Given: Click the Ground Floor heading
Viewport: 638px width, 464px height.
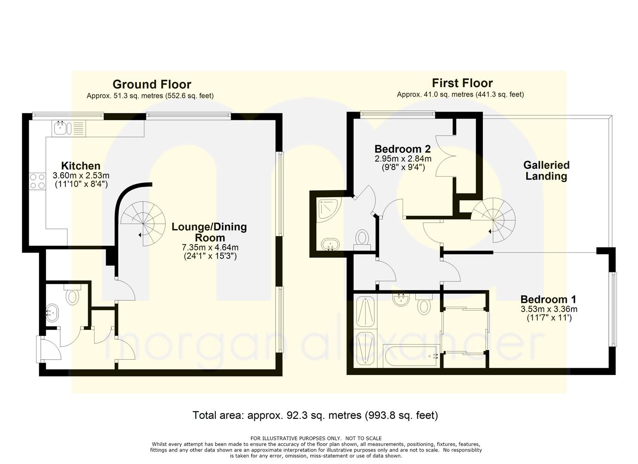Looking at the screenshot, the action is coord(152,84).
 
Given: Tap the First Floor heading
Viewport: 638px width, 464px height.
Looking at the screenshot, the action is coord(462,83).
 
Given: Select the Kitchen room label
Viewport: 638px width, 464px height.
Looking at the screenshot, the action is coord(81,166).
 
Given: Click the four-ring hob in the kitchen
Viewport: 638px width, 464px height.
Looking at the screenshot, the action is coord(38,181).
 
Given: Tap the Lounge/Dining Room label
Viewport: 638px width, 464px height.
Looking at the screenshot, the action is coord(209,232).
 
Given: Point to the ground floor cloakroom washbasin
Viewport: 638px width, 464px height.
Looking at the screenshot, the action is coord(52,313).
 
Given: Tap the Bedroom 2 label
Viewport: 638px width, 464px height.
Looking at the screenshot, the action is coord(403,149).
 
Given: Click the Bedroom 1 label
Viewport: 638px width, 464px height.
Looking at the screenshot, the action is coord(548,299).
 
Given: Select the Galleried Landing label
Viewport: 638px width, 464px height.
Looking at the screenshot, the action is coord(546,171).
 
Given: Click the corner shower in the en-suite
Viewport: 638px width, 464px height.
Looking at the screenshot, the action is coord(329,211).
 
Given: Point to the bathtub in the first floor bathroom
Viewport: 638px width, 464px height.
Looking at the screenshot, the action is coord(411,356).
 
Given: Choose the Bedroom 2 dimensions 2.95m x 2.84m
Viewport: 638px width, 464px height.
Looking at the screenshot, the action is coord(403,159).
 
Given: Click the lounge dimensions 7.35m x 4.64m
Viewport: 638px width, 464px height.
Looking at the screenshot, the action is coord(210,247).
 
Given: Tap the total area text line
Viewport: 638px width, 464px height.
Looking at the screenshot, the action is coord(315,415).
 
